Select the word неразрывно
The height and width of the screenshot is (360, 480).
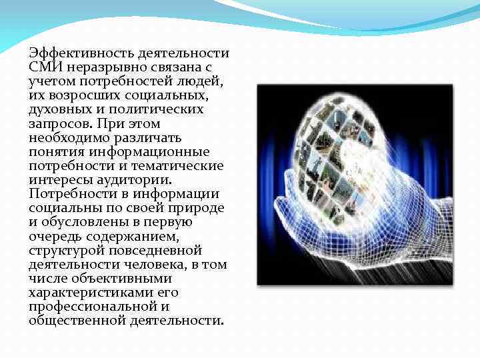click(x=99, y=67)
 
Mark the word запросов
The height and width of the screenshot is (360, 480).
click(x=59, y=124)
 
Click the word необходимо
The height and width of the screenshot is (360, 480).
click(x=68, y=138)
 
